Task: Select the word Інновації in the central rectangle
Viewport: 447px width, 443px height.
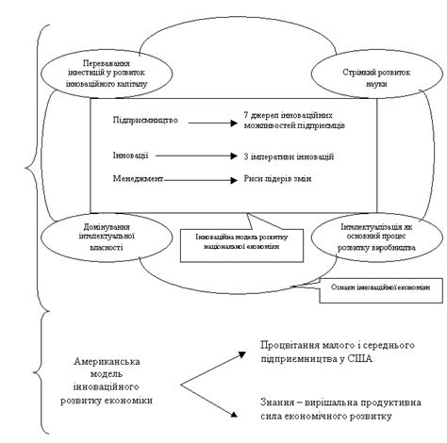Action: (130, 155)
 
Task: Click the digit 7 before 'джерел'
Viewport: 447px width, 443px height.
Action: (245, 115)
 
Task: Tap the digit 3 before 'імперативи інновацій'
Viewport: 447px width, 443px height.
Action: (245, 156)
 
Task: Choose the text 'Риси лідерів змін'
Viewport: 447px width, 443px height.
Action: (276, 178)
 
